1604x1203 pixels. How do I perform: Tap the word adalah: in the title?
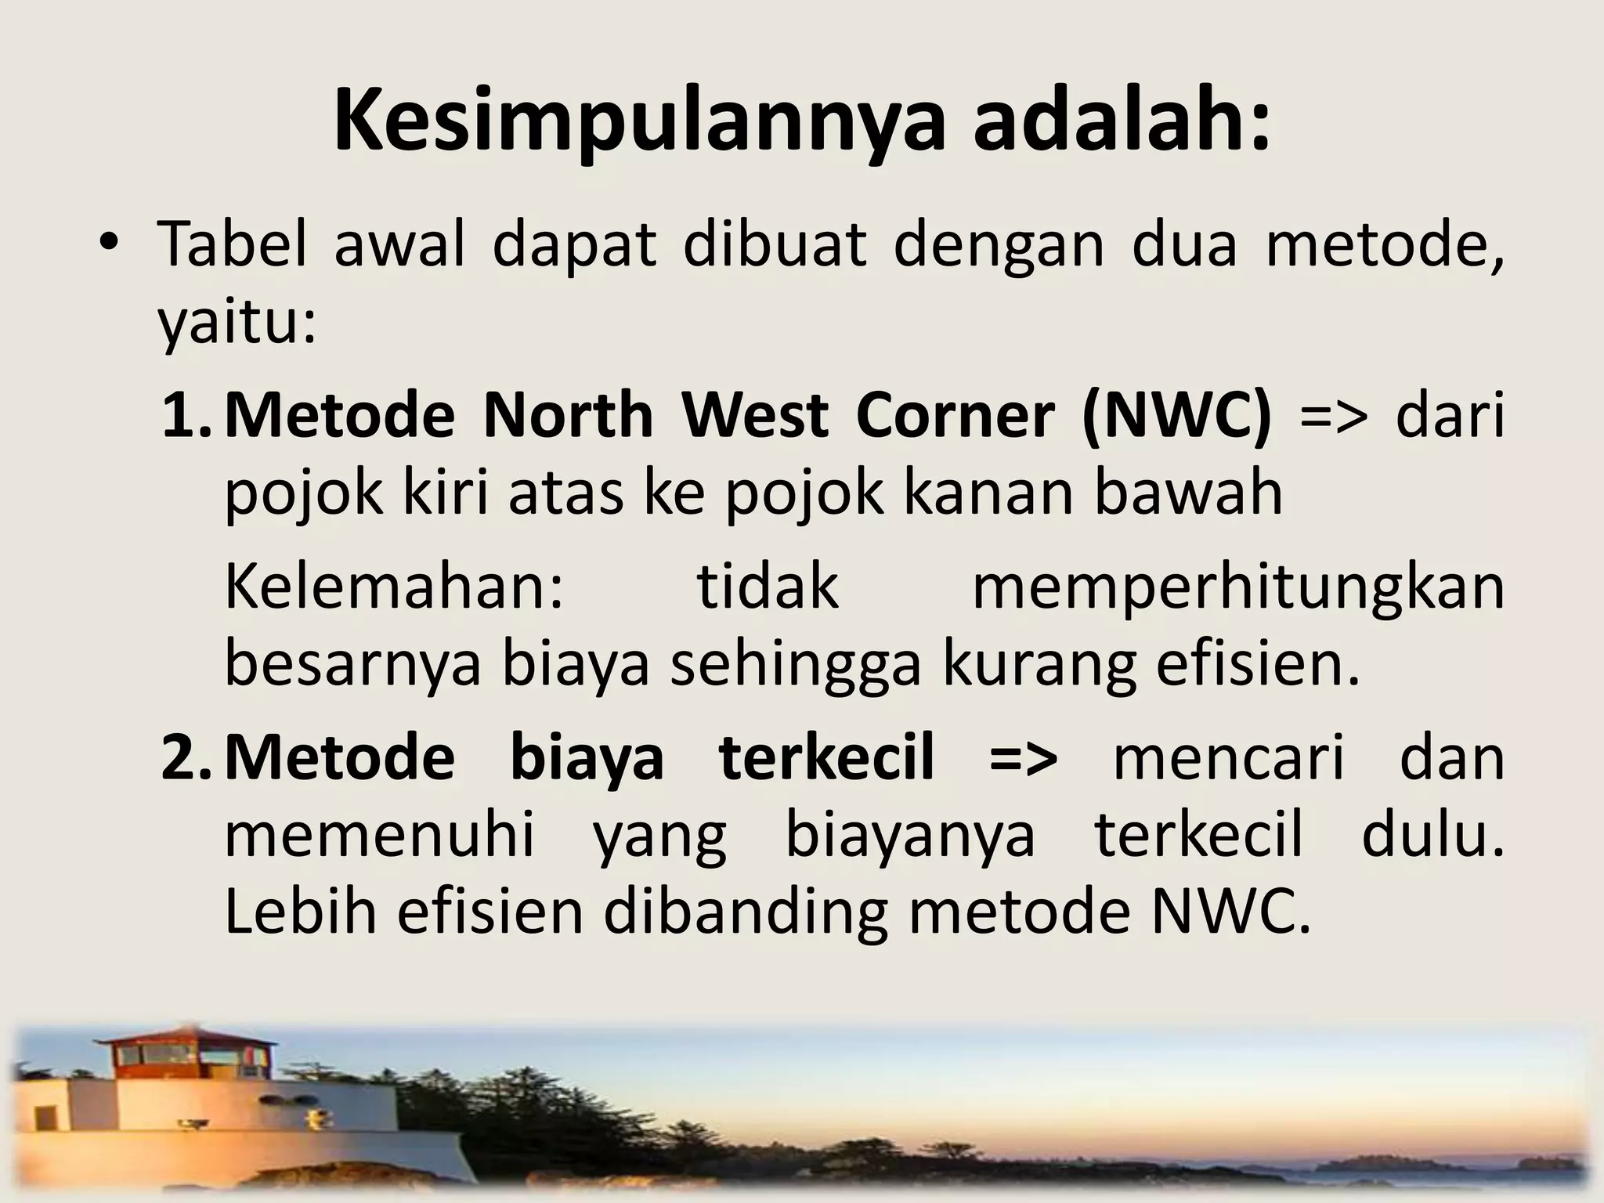1122,121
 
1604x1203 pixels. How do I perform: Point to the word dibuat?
775,244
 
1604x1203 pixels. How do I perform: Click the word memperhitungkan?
1237,589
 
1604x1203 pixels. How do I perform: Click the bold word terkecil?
826,758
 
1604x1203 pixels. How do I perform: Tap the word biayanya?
910,836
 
